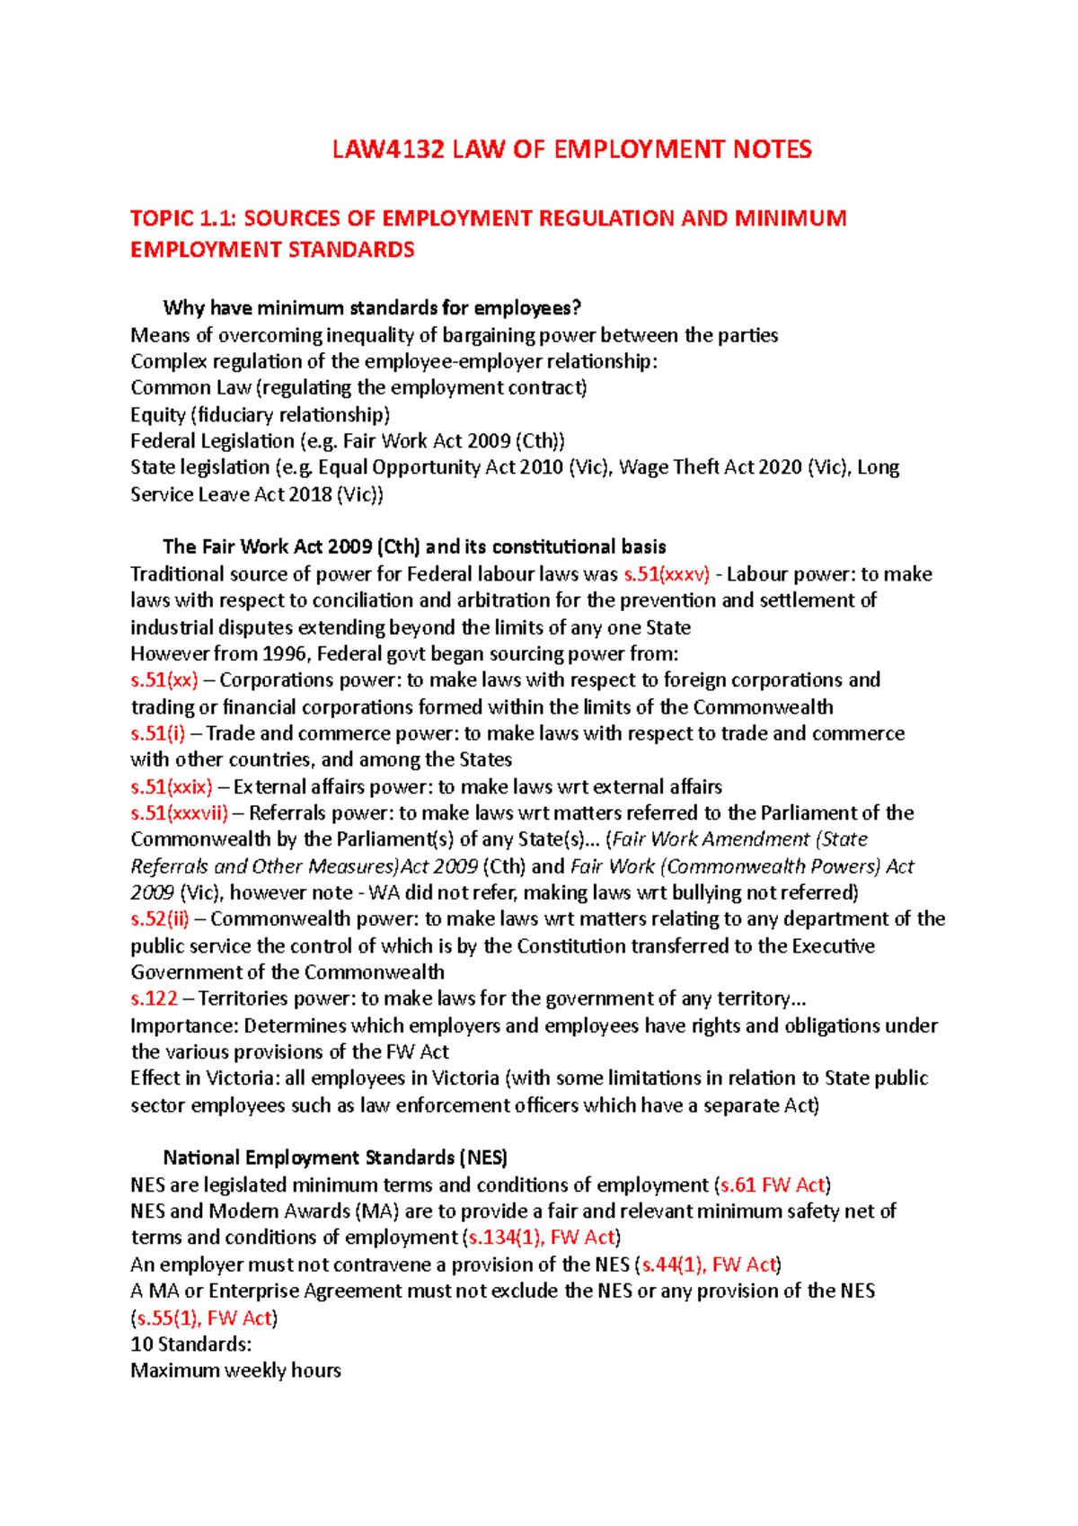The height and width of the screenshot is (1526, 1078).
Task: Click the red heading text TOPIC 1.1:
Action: pyautogui.click(x=183, y=218)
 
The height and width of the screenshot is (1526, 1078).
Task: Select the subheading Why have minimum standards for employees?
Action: pyautogui.click(x=372, y=308)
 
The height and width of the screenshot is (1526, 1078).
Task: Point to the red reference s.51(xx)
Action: pyautogui.click(x=164, y=680)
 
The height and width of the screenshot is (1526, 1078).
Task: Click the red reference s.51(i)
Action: pyautogui.click(x=158, y=733)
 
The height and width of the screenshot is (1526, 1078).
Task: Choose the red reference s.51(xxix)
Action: pyautogui.click(x=172, y=787)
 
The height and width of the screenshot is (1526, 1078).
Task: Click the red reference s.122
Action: pyautogui.click(x=154, y=998)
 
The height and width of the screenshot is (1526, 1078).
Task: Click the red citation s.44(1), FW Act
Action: pyautogui.click(x=707, y=1264)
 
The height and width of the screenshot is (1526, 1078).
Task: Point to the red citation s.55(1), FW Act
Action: pyautogui.click(x=203, y=1318)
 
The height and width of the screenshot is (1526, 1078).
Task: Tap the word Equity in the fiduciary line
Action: pyautogui.click(x=158, y=415)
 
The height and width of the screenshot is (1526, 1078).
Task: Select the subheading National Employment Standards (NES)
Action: pyautogui.click(x=335, y=1158)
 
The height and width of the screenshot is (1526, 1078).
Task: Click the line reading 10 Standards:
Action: pyautogui.click(x=190, y=1344)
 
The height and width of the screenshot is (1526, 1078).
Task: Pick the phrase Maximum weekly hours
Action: pyautogui.click(x=235, y=1371)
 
